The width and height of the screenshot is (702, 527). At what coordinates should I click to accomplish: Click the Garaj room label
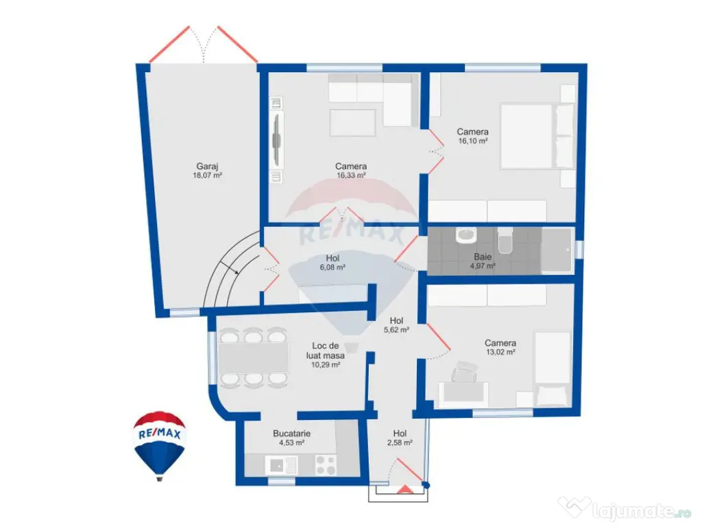coord(207,166)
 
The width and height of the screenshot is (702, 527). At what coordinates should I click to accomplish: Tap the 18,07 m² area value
coord(207,176)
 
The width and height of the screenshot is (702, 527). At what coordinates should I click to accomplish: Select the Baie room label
coord(482,257)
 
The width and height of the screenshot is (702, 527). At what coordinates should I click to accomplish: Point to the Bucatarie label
coord(291,434)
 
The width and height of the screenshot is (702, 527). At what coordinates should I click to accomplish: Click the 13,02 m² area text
coord(500,353)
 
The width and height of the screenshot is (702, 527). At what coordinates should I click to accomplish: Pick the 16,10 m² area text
coord(472,141)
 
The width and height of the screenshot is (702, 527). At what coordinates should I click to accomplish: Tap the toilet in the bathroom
coord(505,242)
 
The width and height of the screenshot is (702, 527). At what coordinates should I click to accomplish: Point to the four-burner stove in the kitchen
coord(325,465)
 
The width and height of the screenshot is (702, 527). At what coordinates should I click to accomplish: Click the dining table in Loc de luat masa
coord(254,357)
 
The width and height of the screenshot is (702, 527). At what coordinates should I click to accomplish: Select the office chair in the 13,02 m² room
coord(465,375)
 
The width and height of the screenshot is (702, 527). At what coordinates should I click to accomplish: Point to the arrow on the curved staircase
coord(235,273)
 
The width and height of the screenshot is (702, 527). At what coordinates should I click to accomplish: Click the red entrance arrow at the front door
coord(405,489)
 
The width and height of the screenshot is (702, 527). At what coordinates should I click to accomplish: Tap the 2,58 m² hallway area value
coord(402,443)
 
